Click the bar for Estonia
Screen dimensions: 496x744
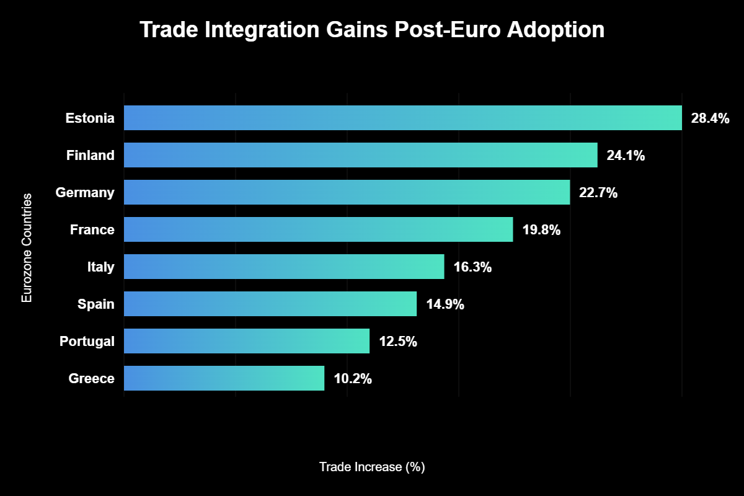[x=403, y=118]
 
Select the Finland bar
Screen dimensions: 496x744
[x=361, y=155]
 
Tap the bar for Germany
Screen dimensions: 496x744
[x=347, y=192]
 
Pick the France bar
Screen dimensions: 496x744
[x=319, y=229]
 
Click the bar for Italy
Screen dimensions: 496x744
[x=284, y=267]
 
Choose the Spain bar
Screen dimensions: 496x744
[x=270, y=304]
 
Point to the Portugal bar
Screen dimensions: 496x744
[x=247, y=341]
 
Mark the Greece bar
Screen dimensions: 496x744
[x=224, y=378]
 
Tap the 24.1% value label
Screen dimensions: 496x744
[x=626, y=156]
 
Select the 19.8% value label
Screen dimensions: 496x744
[x=541, y=230]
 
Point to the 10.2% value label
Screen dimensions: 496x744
[x=353, y=379]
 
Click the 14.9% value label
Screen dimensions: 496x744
[x=445, y=304]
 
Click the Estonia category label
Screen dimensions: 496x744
[x=90, y=118]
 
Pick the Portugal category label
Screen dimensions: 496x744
[x=87, y=342]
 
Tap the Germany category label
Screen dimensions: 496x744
[x=85, y=193]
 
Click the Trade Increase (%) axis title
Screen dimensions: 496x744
[x=372, y=467]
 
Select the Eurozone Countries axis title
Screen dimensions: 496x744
[x=26, y=248]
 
